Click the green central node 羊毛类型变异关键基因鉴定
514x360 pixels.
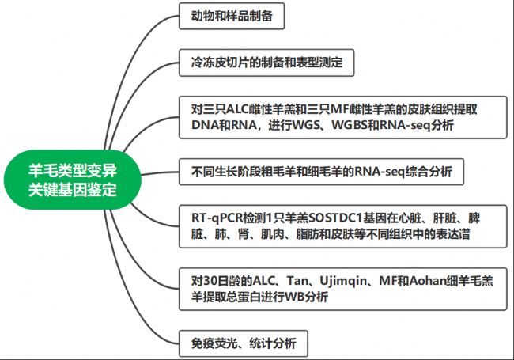[73, 180]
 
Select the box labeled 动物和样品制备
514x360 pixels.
[232, 16]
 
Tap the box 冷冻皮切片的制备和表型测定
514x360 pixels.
[266, 63]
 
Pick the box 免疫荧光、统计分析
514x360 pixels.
[244, 343]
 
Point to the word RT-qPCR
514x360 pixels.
[217, 218]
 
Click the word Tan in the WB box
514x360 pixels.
[297, 281]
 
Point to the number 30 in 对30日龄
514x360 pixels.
[209, 281]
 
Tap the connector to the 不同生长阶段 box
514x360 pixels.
[160, 172]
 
